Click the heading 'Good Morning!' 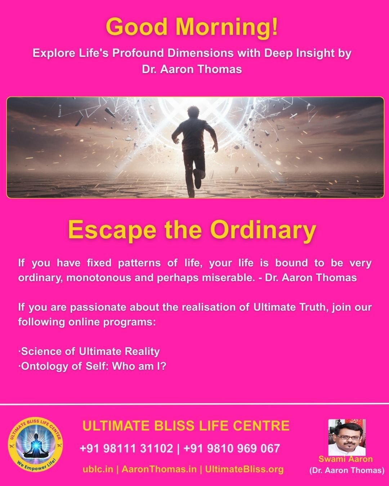click(192, 27)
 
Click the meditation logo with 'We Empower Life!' click(35, 446)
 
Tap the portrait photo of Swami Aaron click(346, 437)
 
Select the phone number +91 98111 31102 click(126, 448)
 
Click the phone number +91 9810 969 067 click(232, 448)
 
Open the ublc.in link click(98, 469)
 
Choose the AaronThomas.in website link click(159, 469)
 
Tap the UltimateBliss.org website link click(244, 469)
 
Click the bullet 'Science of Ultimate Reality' click(89, 351)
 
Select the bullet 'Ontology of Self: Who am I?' click(93, 366)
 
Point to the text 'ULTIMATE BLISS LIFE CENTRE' click(186, 426)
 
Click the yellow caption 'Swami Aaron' click(345, 459)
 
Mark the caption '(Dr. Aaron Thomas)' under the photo click(346, 470)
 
